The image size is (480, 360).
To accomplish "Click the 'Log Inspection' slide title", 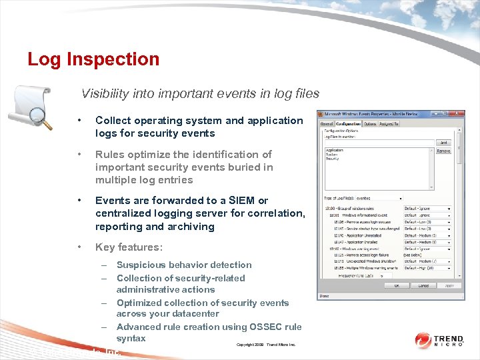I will [93, 59].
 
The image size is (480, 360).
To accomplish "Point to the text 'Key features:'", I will [129, 247].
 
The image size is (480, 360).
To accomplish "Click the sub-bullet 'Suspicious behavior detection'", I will [184, 265].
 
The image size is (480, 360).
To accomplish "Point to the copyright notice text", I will [265, 345].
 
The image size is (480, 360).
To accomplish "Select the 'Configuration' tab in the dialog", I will [348, 124].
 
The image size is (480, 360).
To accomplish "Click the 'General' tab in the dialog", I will [327, 124].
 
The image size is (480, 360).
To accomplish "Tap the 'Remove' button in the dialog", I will [443, 151].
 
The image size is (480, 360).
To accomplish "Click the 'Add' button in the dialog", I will [443, 143].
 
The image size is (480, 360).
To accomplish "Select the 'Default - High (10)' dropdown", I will [427, 268].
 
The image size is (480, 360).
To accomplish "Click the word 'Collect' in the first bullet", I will [113, 121].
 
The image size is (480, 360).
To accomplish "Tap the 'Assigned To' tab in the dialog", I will [389, 124].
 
